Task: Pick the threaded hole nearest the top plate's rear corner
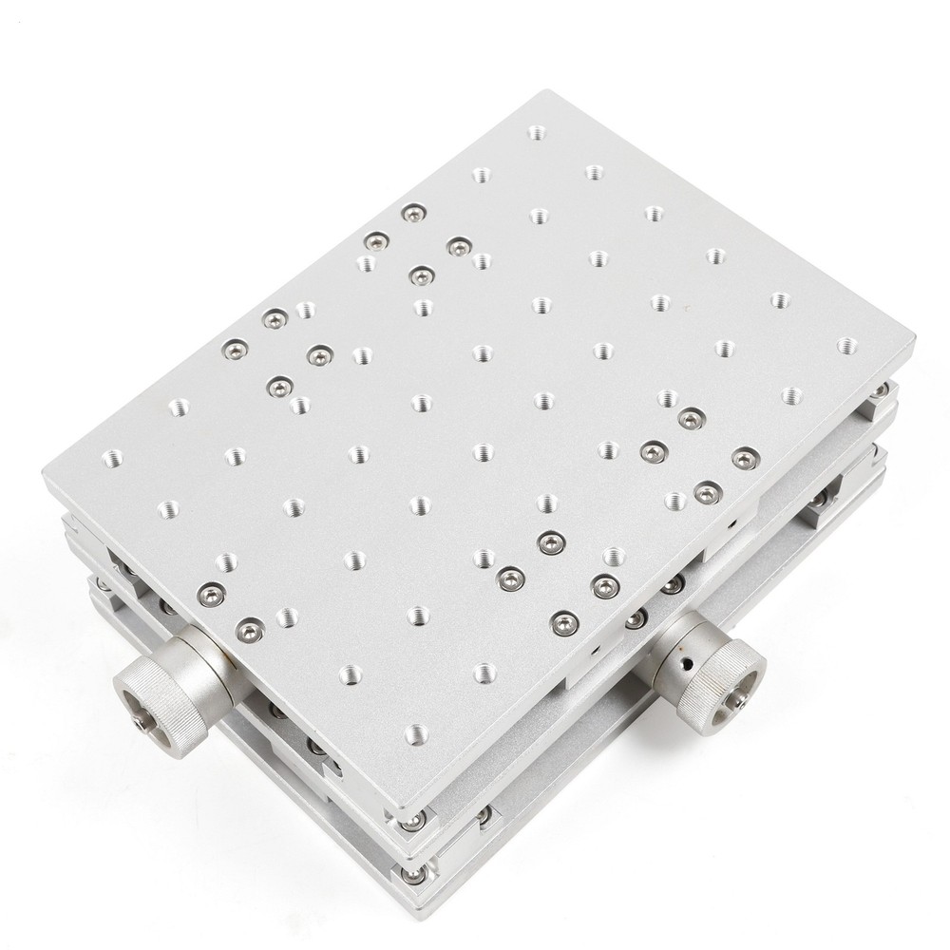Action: point(538,132)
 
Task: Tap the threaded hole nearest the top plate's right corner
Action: point(845,345)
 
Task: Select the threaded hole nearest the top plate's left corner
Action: point(112,458)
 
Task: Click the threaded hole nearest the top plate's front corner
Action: point(416,733)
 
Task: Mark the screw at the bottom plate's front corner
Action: point(414,874)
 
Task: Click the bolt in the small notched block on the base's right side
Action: point(819,497)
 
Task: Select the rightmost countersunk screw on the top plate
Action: point(744,459)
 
